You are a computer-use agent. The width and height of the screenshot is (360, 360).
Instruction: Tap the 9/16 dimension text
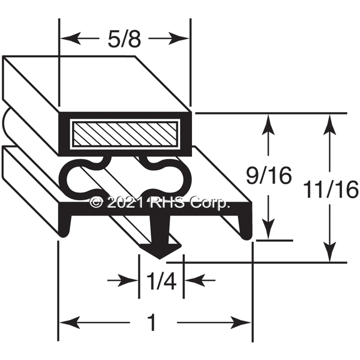(269, 176)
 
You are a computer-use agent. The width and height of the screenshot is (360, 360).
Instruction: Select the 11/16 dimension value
(331, 190)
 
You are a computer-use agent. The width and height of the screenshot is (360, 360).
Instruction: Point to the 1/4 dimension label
(161, 281)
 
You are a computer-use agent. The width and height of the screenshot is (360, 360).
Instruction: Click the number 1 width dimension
(152, 323)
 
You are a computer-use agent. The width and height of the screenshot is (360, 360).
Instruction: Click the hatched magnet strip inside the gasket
(125, 134)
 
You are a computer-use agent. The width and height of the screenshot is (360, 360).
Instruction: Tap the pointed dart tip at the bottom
(160, 259)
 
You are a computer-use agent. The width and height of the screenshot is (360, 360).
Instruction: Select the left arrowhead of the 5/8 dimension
(70, 38)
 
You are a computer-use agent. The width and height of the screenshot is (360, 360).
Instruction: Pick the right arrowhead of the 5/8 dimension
(179, 38)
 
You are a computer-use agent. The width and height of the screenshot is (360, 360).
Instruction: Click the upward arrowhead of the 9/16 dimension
(268, 124)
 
